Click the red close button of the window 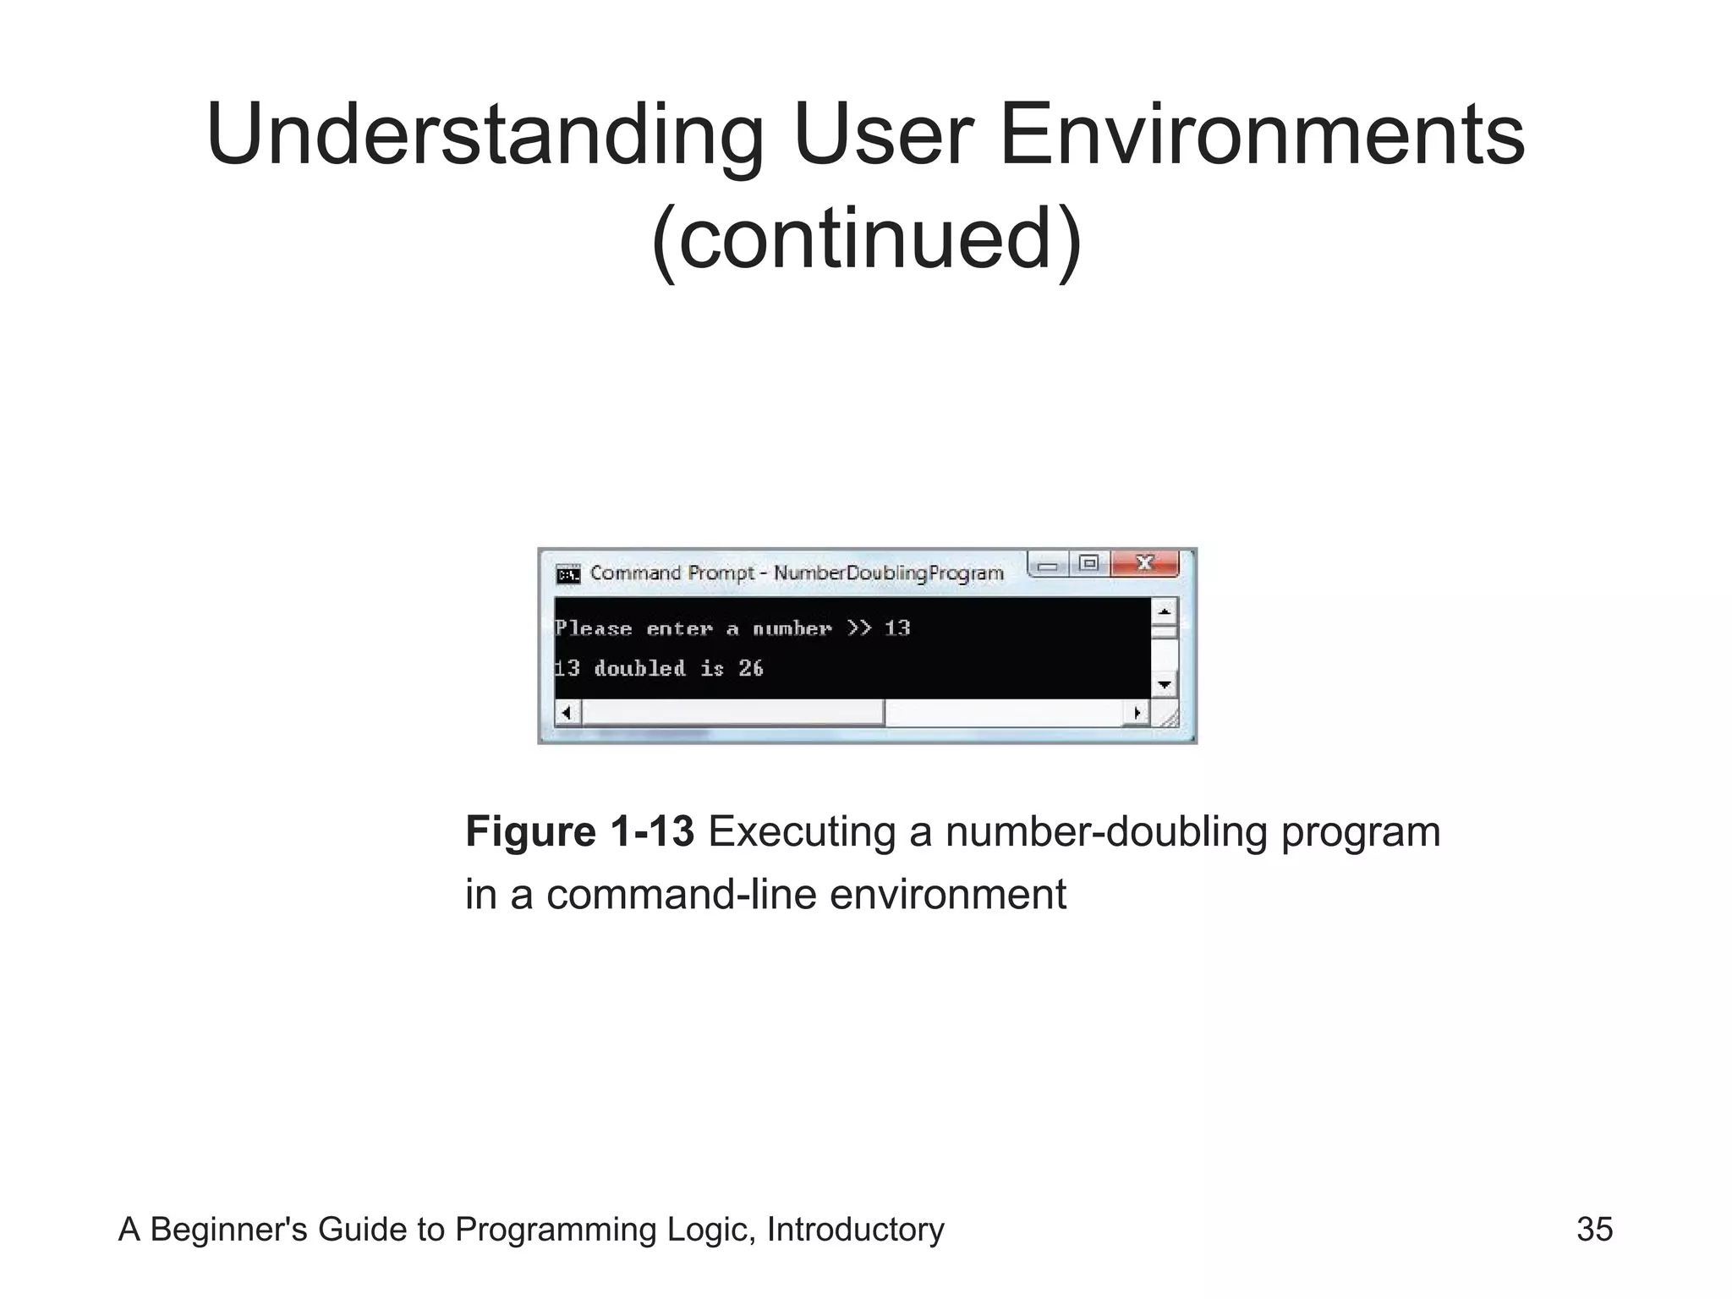click(x=1144, y=563)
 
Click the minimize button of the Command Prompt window click(x=1049, y=565)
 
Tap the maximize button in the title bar click(x=1089, y=563)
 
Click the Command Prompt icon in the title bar click(x=568, y=575)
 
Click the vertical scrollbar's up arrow click(x=1165, y=611)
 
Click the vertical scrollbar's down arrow click(x=1165, y=684)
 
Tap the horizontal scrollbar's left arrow click(x=567, y=713)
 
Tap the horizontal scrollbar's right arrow click(x=1137, y=713)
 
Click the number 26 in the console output click(x=751, y=669)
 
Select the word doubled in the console click(x=639, y=669)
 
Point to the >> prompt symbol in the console click(x=859, y=628)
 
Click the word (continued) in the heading click(x=866, y=238)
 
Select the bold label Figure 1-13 click(x=580, y=832)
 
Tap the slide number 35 click(x=1594, y=1230)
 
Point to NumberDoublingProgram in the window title click(x=888, y=573)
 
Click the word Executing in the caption click(x=802, y=832)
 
